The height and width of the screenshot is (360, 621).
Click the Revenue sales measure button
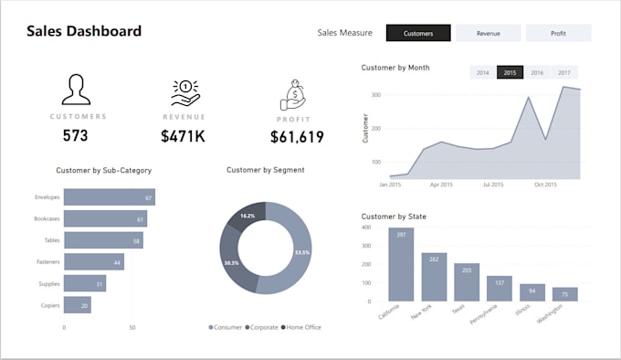point(488,33)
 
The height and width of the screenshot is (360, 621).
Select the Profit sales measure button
point(558,33)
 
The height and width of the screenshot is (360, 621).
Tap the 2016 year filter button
point(537,72)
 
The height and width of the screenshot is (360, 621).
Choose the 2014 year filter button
point(483,72)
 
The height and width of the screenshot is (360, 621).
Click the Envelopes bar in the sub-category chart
point(110,197)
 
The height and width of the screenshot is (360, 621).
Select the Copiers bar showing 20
point(78,305)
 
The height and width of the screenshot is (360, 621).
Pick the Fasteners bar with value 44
point(94,262)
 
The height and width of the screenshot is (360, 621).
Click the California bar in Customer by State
point(401,264)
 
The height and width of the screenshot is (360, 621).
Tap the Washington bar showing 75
point(564,294)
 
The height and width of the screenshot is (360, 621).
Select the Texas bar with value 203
point(467,282)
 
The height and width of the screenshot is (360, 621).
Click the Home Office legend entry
point(301,327)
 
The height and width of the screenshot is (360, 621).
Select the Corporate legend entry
point(261,327)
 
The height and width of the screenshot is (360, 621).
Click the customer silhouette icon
point(76,90)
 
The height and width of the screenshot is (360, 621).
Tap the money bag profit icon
point(293,95)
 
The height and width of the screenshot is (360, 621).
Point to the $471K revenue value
point(183,136)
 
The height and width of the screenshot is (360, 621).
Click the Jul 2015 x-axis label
point(493,185)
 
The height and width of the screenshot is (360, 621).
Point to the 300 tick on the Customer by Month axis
point(376,95)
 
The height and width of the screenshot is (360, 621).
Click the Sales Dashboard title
point(84,31)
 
